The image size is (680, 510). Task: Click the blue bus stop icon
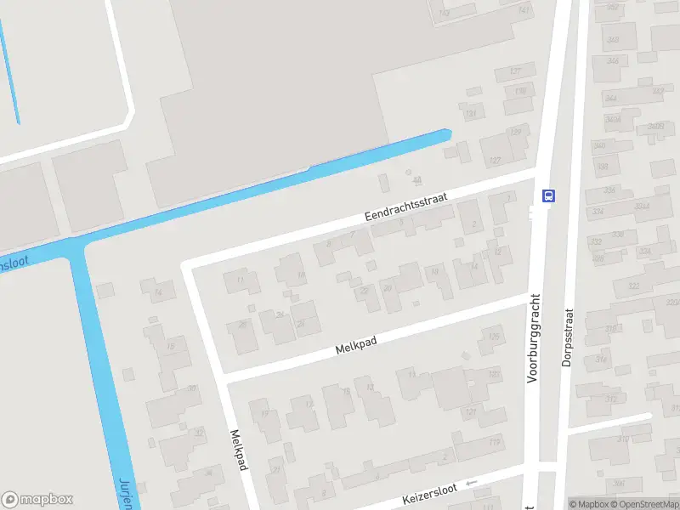pyautogui.click(x=548, y=195)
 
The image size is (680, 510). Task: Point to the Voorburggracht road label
pyautogui.click(x=535, y=337)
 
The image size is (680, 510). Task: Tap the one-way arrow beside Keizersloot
pyautogui.click(x=472, y=483)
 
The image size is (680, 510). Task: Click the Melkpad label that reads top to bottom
pyautogui.click(x=239, y=450)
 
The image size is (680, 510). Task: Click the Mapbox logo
pyautogui.click(x=37, y=499)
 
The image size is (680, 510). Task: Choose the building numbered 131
pyautogui.click(x=471, y=114)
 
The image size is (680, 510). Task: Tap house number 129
pyautogui.click(x=514, y=132)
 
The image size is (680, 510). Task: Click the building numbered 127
pyautogui.click(x=496, y=160)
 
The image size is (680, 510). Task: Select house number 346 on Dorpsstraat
pyautogui.click(x=612, y=60)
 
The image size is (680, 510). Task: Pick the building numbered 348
pyautogui.click(x=612, y=40)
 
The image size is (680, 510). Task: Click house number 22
pyautogui.click(x=365, y=291)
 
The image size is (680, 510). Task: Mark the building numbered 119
pyautogui.click(x=494, y=441)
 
